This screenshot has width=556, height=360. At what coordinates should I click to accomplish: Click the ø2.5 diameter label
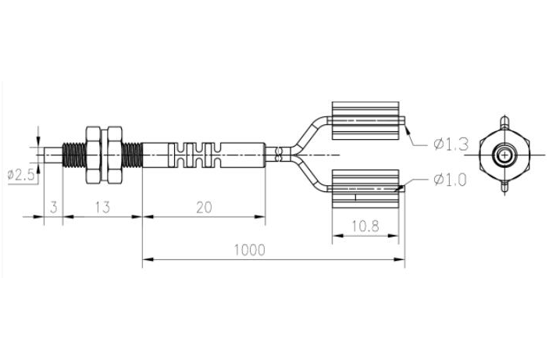coord(20,175)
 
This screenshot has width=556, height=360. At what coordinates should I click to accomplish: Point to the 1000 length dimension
coord(250,250)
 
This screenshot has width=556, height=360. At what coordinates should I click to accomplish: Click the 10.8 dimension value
coord(365,226)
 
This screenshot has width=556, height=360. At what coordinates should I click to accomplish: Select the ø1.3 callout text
coord(451,144)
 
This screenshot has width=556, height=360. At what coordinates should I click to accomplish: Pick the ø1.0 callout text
coord(451,180)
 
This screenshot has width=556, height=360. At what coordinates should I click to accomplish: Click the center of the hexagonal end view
coord(506,154)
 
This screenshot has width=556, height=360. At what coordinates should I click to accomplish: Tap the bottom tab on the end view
coord(506,187)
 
